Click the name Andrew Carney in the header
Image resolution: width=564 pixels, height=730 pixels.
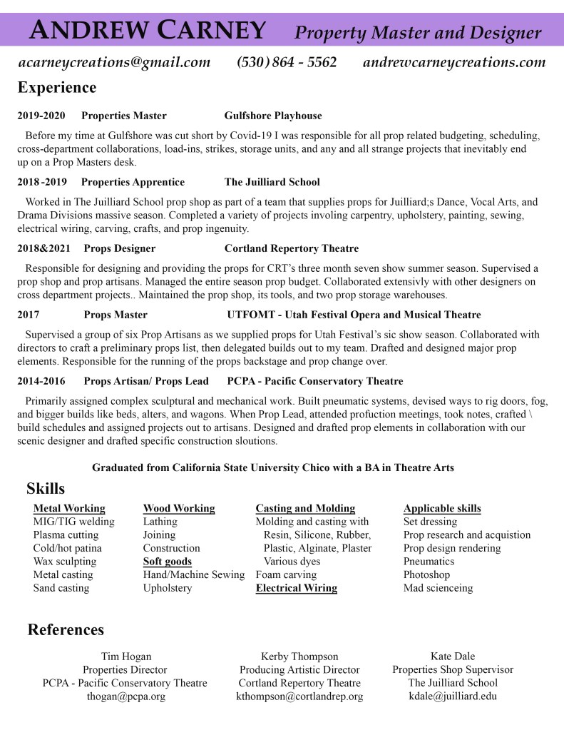click(x=148, y=31)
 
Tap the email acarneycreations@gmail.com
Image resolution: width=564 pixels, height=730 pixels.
click(x=114, y=62)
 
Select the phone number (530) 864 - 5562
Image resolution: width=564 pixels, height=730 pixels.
click(x=287, y=62)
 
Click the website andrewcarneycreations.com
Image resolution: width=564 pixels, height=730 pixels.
click(x=454, y=62)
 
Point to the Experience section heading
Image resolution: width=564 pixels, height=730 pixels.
click(x=56, y=88)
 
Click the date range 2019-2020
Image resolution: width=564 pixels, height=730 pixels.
click(x=41, y=116)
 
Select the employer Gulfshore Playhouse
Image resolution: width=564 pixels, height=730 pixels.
click(x=272, y=116)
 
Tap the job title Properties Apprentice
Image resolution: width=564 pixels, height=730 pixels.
click(x=133, y=182)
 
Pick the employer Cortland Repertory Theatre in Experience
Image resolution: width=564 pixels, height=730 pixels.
click(x=291, y=248)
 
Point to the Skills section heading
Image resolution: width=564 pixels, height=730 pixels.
click(x=46, y=489)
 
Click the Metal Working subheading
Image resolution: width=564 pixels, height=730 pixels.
click(x=69, y=508)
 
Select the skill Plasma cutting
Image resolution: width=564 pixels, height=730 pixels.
click(x=66, y=534)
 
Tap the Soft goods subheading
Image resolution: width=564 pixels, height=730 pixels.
click(x=167, y=562)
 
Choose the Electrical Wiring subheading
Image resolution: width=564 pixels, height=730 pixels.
click(x=296, y=588)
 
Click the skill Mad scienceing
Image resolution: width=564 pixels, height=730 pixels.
click(x=438, y=588)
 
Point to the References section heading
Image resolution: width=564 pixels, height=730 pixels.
click(x=66, y=629)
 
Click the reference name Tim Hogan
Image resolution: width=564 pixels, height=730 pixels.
click(x=125, y=657)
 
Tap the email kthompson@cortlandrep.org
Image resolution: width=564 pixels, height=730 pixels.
click(x=299, y=696)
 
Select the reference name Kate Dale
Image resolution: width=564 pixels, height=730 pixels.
click(x=452, y=657)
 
